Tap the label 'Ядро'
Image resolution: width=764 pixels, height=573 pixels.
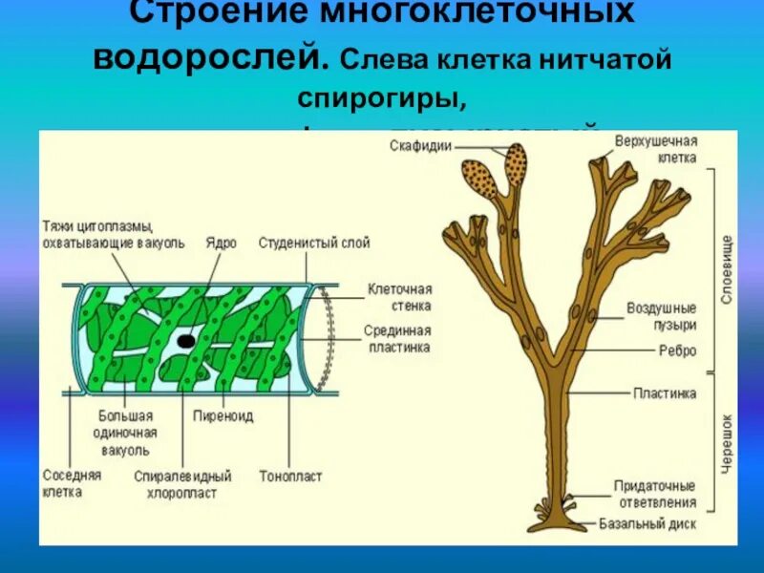[221, 244]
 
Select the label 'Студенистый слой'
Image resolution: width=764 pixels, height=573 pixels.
[313, 244]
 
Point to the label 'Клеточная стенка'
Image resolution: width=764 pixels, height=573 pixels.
[400, 296]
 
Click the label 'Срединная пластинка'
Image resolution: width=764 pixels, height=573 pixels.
[397, 338]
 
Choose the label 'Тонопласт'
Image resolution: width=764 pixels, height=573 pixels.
[290, 475]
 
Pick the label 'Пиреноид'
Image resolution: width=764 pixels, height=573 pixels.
[216, 416]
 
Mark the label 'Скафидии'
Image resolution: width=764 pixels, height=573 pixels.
[420, 145]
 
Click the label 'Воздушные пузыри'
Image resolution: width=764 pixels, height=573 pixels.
[661, 317]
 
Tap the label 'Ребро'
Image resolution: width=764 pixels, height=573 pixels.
[677, 350]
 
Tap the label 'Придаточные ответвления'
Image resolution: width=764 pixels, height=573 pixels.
[654, 495]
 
